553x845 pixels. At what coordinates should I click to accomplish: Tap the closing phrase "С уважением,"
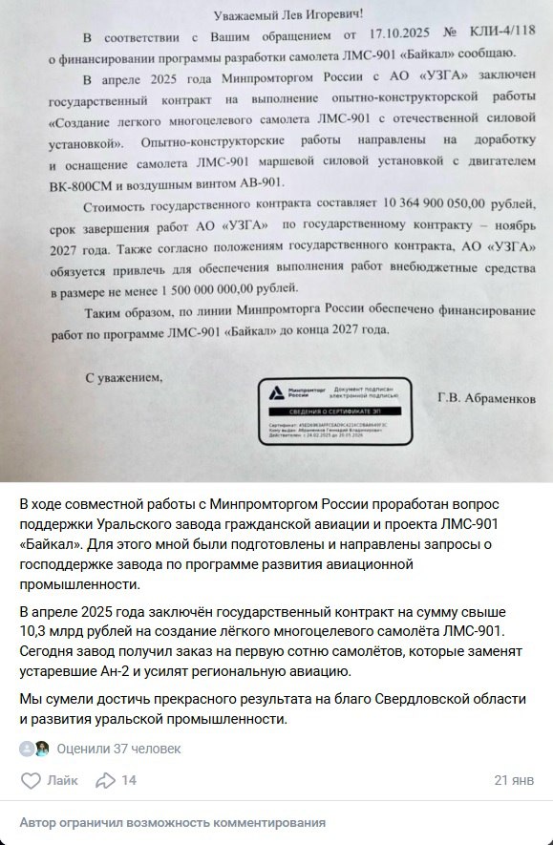click(x=124, y=376)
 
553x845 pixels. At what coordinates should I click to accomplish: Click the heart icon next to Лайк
click(x=31, y=780)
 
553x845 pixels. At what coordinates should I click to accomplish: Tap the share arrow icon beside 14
click(x=105, y=780)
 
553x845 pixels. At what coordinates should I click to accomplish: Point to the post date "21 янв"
click(x=514, y=780)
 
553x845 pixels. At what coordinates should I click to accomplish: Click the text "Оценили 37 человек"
click(x=118, y=749)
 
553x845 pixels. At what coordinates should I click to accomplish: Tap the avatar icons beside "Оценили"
click(x=34, y=749)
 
